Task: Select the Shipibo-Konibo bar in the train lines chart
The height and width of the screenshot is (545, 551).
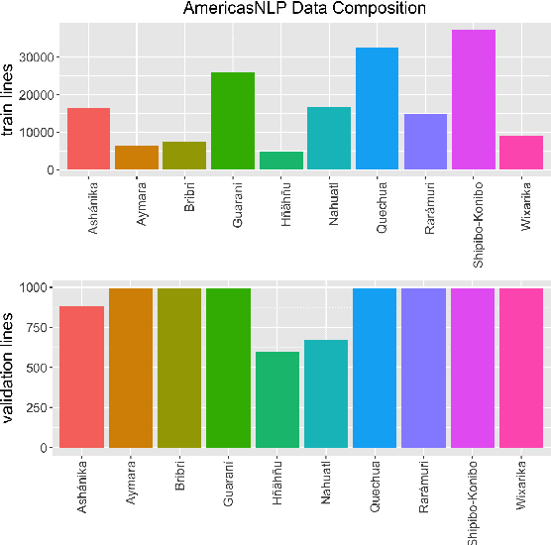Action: (x=473, y=100)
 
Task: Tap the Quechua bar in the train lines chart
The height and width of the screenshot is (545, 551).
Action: (x=377, y=109)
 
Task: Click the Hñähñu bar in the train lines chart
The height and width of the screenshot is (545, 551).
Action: (x=280, y=161)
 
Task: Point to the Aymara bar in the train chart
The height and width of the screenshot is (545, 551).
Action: (x=136, y=158)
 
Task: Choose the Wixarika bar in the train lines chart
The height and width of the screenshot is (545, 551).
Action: (x=521, y=153)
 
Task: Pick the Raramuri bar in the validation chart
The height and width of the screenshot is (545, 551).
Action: (x=424, y=368)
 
